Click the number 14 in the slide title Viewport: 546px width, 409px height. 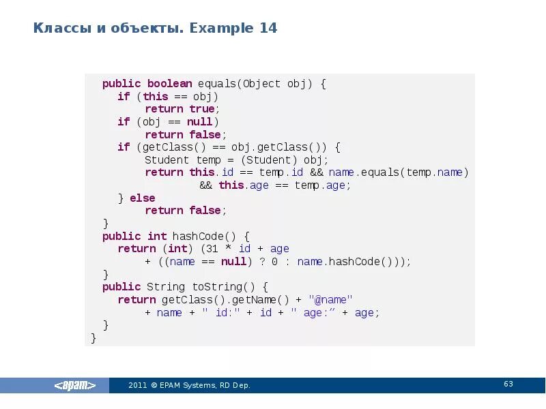tap(268, 29)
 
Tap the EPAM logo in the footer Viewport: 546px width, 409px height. tap(75, 385)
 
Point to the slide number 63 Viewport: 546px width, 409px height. tap(508, 384)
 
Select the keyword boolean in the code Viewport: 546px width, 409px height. tap(169, 84)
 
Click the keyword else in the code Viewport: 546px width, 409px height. tap(143, 198)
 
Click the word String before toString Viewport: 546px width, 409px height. tap(166, 287)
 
